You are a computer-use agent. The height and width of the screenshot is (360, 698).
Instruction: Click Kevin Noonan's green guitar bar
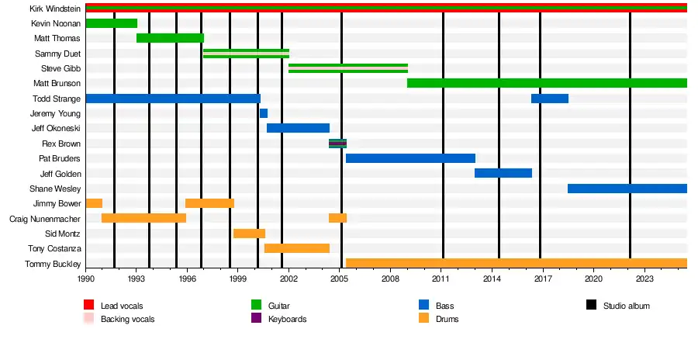[111, 23]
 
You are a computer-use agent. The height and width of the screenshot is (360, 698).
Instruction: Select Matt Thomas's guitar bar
[170, 38]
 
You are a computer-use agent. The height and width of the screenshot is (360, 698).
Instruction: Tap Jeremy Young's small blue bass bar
[264, 113]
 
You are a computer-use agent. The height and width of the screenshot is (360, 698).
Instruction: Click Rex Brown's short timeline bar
[337, 144]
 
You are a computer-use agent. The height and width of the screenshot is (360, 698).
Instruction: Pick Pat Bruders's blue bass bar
[410, 158]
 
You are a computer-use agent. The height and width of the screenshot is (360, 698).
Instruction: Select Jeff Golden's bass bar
[503, 173]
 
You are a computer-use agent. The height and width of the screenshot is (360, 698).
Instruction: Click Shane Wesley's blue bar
[627, 189]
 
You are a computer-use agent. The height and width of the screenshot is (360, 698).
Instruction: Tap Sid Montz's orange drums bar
[249, 234]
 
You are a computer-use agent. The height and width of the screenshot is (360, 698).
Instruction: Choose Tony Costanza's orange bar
[297, 248]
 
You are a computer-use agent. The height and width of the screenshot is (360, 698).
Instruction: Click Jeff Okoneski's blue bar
[298, 128]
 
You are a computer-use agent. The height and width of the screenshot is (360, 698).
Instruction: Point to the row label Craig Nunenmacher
[45, 219]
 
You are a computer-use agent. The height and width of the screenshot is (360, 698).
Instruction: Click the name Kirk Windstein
[55, 9]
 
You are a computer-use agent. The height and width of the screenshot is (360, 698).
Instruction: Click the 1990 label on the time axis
[85, 278]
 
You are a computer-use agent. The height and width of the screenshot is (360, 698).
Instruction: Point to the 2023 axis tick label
[644, 278]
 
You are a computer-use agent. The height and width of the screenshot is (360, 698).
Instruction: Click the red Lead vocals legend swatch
[89, 306]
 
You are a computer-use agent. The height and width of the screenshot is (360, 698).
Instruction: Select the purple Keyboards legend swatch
[257, 319]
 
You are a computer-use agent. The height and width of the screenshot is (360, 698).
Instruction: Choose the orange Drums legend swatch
[423, 319]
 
